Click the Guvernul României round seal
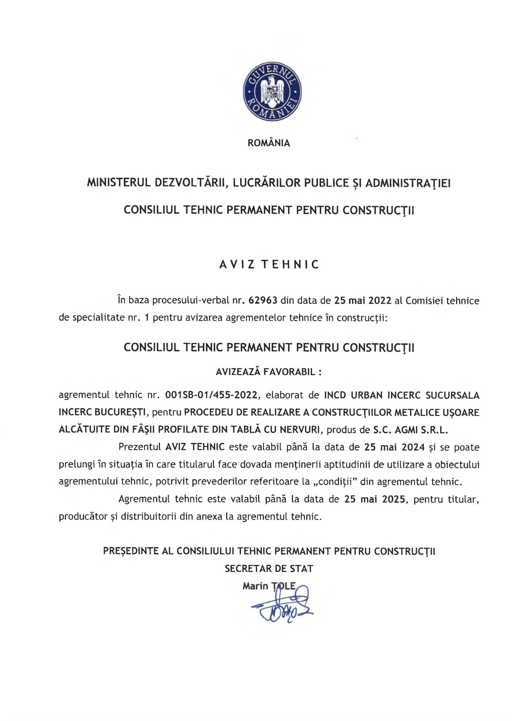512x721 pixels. tap(272, 91)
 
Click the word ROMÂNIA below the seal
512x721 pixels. tap(269, 143)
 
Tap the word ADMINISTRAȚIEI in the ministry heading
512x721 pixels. tap(408, 183)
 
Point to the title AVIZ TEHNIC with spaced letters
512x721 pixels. tap(269, 264)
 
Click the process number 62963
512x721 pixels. tap(263, 300)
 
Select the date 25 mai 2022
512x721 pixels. tap(363, 300)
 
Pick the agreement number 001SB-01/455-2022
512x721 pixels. tap(211, 395)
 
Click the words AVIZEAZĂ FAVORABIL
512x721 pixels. tap(269, 372)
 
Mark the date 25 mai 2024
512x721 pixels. tap(394, 447)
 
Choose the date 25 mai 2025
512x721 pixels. tap(374, 499)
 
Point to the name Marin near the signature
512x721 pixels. tap(255, 586)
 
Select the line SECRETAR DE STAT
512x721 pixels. tap(269, 569)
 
